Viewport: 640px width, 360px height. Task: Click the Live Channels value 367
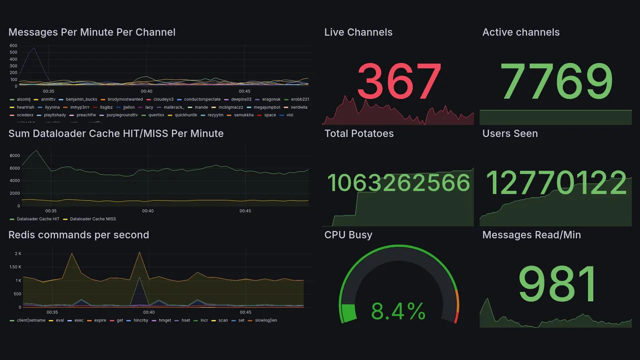click(399, 81)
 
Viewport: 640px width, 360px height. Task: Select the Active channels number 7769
click(556, 81)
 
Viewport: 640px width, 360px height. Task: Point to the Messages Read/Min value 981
click(557, 284)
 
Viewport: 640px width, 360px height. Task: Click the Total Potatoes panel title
click(358, 133)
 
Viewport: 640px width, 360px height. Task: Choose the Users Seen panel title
click(509, 133)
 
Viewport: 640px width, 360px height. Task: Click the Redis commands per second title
click(78, 235)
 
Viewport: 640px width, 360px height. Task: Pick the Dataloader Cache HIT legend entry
click(38, 219)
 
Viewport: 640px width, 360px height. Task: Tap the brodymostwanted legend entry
click(125, 99)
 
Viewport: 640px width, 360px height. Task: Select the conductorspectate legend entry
click(202, 99)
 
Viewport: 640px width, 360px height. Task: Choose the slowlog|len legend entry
click(266, 320)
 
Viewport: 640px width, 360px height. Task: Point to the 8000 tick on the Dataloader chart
click(14, 155)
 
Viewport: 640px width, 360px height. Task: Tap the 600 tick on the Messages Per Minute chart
click(13, 46)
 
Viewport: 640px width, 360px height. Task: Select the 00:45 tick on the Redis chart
click(245, 312)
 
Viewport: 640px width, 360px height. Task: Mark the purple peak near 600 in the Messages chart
click(33, 48)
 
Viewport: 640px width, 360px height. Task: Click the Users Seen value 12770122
click(556, 183)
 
